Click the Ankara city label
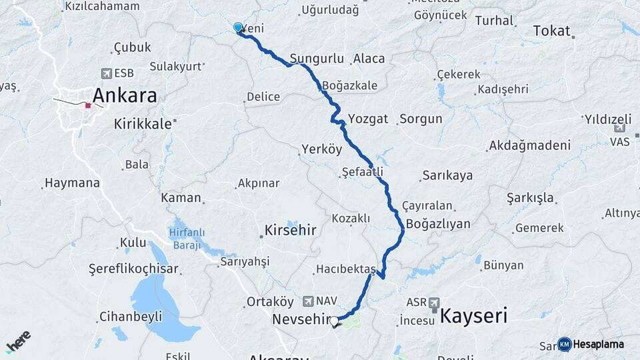coord(125,95)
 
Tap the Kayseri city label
coord(473,315)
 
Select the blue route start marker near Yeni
coord(238,27)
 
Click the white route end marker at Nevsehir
coord(334,321)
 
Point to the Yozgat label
coord(368,119)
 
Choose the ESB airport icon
coord(106,73)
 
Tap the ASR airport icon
coord(435,302)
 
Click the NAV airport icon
coord(307,301)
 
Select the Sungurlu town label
coord(317,59)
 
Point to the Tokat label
coord(552,31)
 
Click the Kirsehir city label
coord(290,230)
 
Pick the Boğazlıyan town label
coord(438,223)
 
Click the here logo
coord(19,341)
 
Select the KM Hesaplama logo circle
coord(565,344)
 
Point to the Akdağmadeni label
coord(529,145)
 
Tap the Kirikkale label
coord(143,123)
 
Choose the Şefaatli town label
coord(362,171)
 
